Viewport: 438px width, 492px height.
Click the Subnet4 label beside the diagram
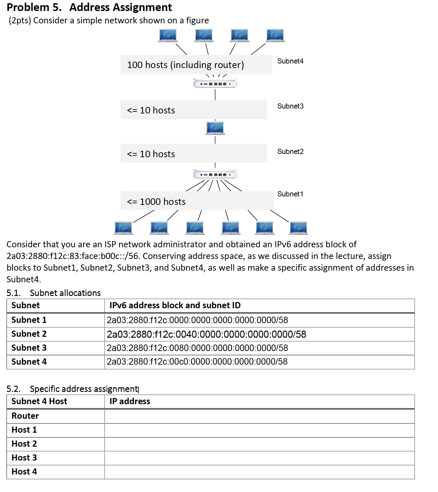coord(290,61)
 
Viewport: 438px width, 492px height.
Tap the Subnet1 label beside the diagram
coord(290,194)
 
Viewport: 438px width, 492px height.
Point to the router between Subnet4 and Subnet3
coord(215,84)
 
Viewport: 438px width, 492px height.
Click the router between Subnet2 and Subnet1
coord(215,174)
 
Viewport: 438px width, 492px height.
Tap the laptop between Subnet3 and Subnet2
coord(215,128)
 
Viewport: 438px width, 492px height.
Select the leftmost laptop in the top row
coord(168,35)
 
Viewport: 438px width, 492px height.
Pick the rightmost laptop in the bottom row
coord(298,228)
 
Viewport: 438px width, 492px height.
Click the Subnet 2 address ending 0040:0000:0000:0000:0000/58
coord(206,334)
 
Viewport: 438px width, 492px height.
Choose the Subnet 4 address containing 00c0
coord(197,362)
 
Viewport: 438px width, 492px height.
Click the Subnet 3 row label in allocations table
coord(29,348)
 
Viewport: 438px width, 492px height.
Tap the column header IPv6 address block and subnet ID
coord(175,305)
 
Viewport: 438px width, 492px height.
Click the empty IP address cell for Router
coord(259,416)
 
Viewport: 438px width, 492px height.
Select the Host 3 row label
coord(24,458)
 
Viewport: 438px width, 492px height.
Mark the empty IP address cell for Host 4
coord(259,472)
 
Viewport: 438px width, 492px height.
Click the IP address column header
coord(130,401)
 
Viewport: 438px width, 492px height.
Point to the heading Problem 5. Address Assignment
coord(89,7)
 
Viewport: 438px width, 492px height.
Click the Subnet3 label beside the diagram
coord(290,106)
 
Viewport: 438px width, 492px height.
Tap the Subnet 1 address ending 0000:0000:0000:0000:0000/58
coord(197,320)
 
